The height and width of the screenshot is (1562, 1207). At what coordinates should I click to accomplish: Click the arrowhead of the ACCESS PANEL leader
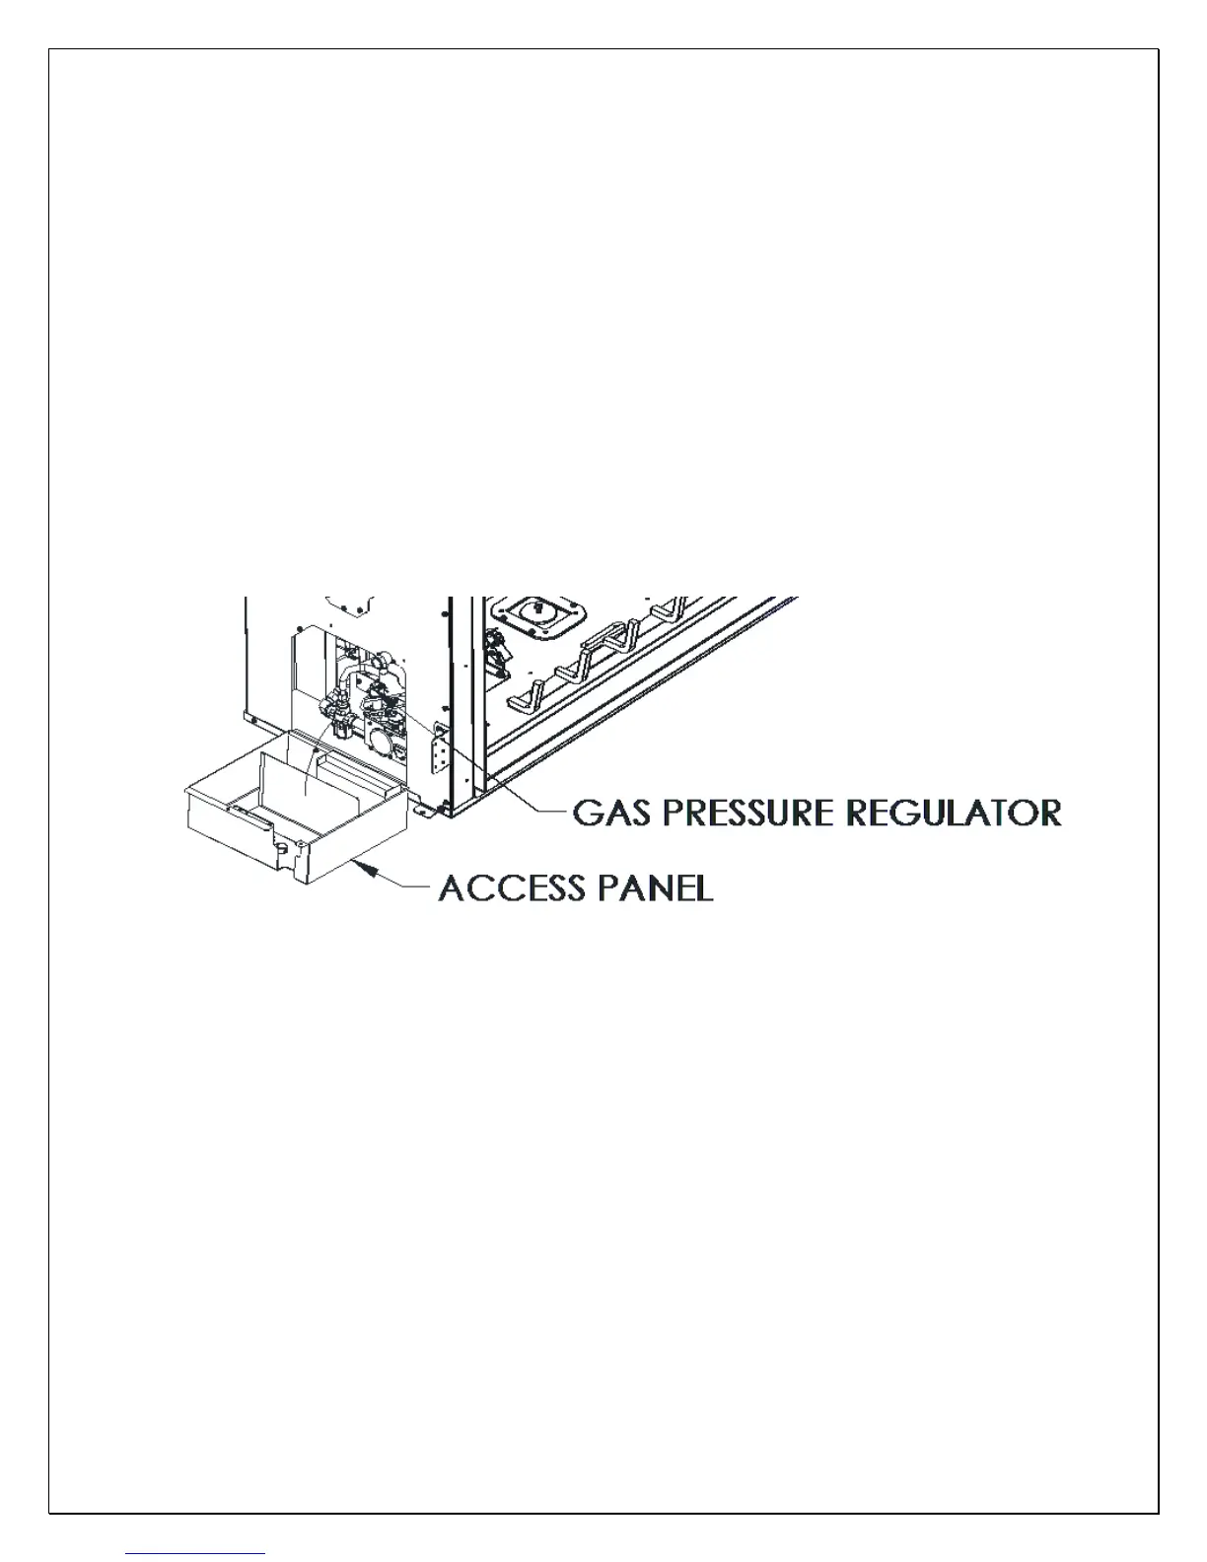(369, 869)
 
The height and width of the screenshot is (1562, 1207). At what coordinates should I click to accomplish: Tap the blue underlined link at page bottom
(196, 1553)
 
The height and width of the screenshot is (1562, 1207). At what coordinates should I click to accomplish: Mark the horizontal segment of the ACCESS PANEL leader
(415, 887)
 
